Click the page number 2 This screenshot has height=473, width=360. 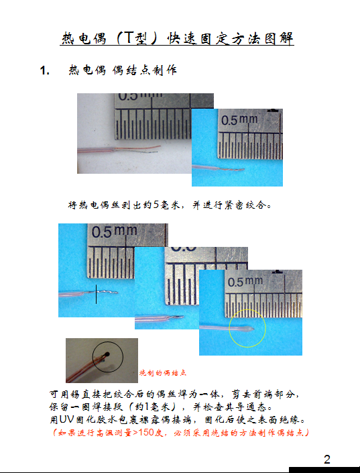[327, 460]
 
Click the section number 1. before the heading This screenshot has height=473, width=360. [45, 70]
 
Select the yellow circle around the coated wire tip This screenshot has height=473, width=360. [247, 329]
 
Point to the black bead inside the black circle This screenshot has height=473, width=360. [107, 354]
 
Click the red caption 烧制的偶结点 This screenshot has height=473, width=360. [162, 373]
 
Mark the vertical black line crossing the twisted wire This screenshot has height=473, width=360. [96, 294]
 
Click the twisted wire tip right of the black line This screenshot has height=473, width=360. [107, 291]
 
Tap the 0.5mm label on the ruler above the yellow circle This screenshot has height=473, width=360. [245, 282]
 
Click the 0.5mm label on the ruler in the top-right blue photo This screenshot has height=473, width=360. [239, 119]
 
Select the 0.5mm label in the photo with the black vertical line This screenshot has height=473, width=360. [114, 231]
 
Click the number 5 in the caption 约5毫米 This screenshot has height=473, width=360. [156, 205]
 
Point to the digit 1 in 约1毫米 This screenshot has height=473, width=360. [147, 407]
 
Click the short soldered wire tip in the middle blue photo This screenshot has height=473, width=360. [178, 317]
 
